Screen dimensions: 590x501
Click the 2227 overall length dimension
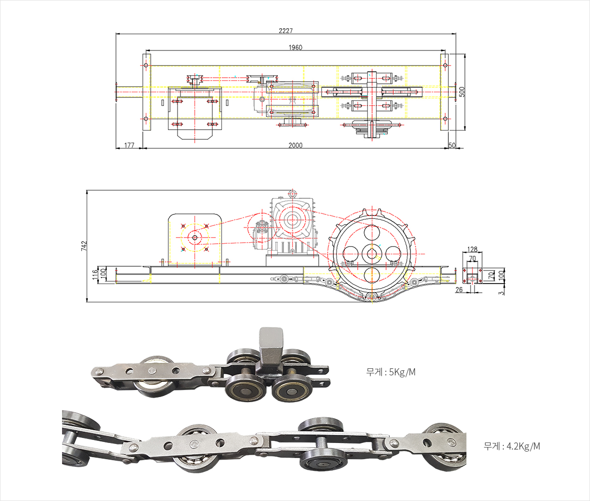(x=285, y=30)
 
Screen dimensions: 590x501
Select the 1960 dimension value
(x=296, y=47)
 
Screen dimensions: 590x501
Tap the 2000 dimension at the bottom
(x=296, y=145)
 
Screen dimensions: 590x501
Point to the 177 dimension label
(x=129, y=145)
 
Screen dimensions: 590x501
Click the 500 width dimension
(x=462, y=92)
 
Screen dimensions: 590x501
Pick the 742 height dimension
(x=84, y=246)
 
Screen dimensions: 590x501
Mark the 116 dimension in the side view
(x=95, y=274)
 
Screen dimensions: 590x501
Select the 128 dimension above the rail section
(x=472, y=249)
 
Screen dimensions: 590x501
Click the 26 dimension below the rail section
(x=459, y=290)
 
